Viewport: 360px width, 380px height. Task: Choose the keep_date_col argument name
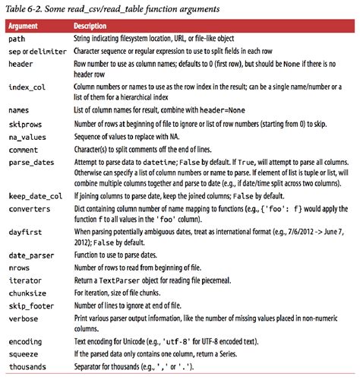[x=36, y=195]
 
